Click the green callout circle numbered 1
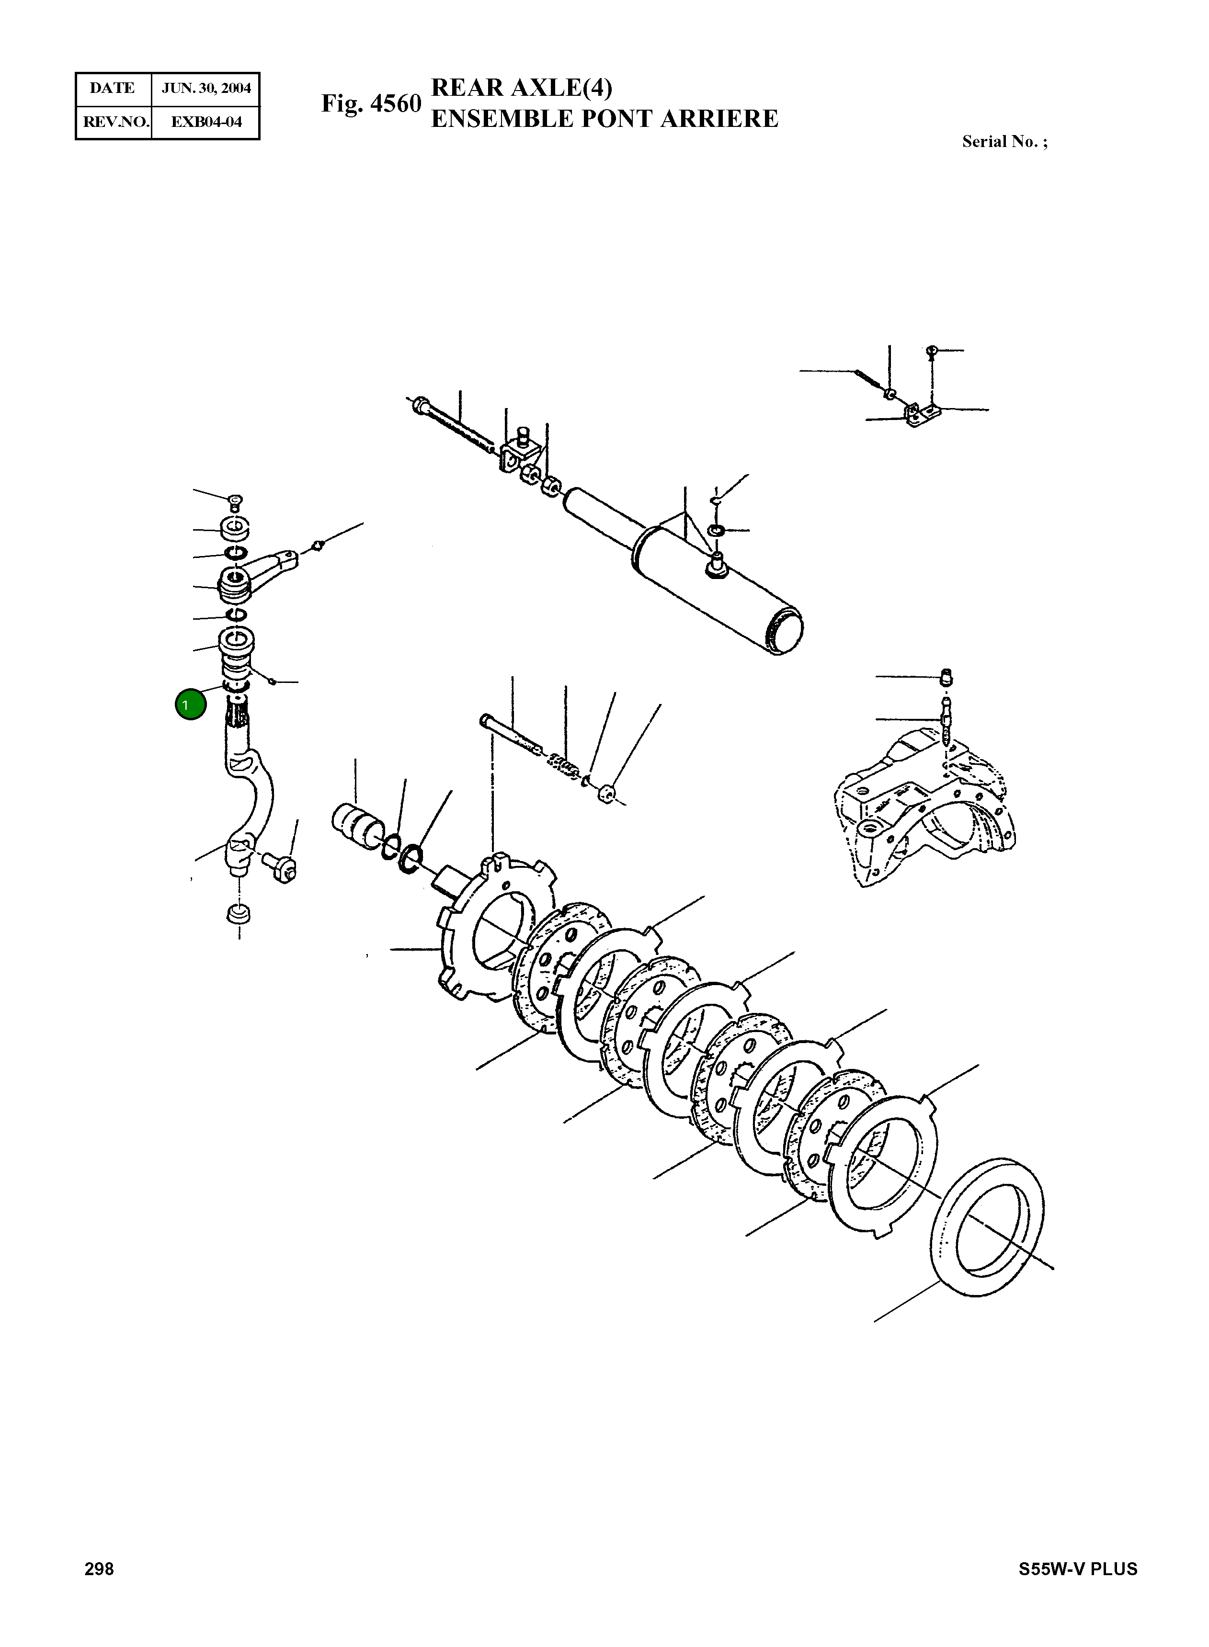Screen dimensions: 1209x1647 pos(190,704)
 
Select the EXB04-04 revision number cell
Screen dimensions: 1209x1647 pos(205,122)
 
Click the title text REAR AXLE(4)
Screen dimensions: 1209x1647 pos(521,87)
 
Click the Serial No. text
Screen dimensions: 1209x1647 pos(1004,142)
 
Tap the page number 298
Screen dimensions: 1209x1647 pos(100,1569)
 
